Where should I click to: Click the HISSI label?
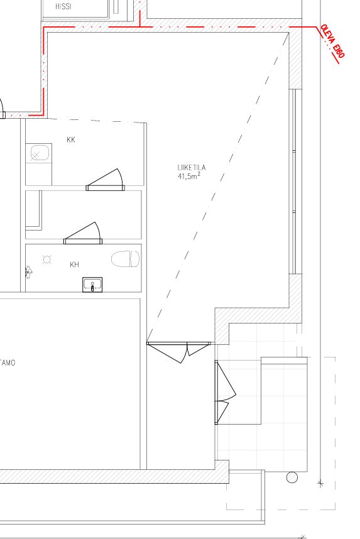point(63,6)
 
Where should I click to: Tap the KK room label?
point(71,139)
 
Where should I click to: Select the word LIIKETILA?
point(192,167)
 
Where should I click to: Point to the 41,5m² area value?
point(188,177)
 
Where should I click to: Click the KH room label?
point(74,264)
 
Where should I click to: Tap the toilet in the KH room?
point(125,259)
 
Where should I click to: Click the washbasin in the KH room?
point(92,285)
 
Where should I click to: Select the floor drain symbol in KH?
point(47,259)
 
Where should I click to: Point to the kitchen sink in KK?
point(40,153)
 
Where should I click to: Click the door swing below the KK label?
point(105,180)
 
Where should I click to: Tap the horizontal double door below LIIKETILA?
point(178,352)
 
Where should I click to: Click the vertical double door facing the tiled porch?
point(225,392)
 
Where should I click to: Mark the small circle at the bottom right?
point(292,477)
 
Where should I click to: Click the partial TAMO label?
point(8,362)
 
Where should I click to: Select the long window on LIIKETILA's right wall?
point(294,182)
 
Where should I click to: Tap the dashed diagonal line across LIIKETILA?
point(217,187)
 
